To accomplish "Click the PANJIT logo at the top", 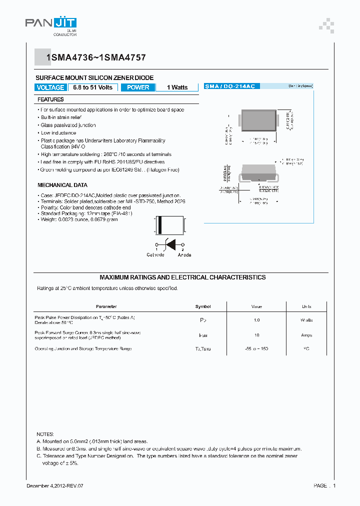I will coord(50,24).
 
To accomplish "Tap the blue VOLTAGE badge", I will coord(50,87).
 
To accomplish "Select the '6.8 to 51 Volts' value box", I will coord(92,87).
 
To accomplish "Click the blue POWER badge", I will coord(138,87).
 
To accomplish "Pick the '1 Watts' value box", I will coord(177,87).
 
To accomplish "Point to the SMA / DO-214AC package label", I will coord(229,86).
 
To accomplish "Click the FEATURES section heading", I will coord(50,99).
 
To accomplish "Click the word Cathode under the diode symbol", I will coord(155,255).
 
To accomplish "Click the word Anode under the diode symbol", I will coord(184,255).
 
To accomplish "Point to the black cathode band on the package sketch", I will coord(160,225).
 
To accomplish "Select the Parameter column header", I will coord(106,306).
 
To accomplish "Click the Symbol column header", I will coord(203,306).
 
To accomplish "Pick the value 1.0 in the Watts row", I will coord(256,320).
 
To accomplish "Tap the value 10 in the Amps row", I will coord(256,335).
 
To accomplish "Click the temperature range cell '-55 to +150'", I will coord(256,348).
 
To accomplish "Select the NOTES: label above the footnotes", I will coord(45,434).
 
